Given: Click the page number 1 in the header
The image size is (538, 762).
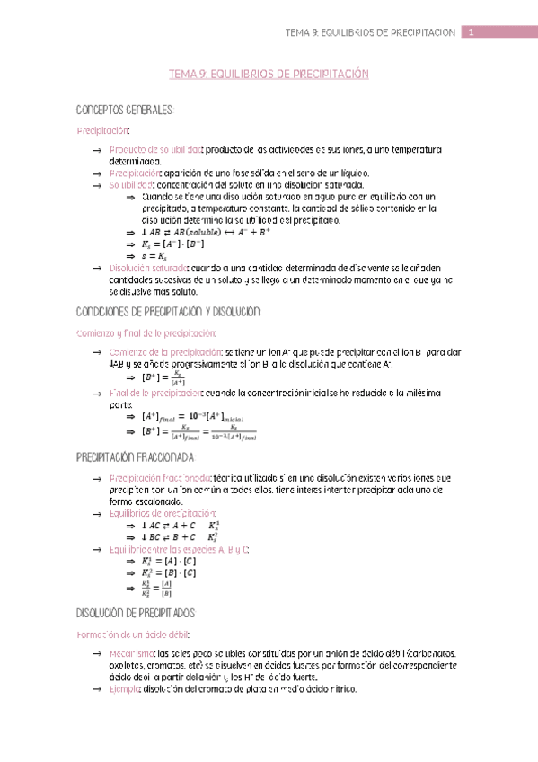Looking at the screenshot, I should pos(472,33).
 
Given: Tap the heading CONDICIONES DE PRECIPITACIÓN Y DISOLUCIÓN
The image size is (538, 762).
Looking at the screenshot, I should pos(170,311).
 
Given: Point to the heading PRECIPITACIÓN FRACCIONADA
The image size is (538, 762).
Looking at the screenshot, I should pos(137,456).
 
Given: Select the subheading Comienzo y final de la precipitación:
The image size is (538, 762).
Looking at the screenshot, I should pos(146,332).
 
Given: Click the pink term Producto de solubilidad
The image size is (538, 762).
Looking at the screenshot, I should pos(155,149).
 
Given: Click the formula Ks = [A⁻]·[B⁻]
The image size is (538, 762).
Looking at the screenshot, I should pos(174,244).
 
